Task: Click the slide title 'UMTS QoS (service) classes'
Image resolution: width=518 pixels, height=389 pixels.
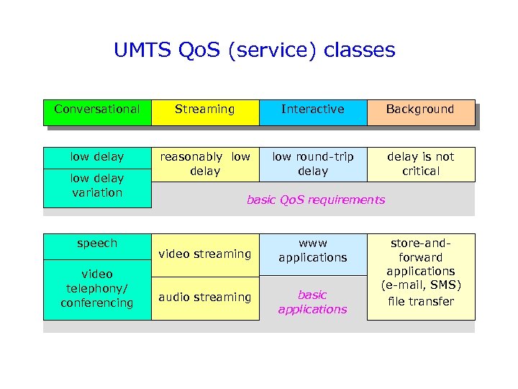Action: point(255,50)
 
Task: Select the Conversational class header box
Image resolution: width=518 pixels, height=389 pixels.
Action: point(97,110)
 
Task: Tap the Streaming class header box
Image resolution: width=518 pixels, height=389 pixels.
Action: point(205,110)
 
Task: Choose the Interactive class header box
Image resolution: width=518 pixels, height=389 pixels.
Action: point(313,110)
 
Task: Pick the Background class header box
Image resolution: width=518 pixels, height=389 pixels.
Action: point(421,110)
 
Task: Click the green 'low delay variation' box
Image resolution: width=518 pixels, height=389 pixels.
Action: point(97,186)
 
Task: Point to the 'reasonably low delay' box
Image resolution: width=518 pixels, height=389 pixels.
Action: point(205,164)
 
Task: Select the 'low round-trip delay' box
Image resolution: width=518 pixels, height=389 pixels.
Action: point(313,164)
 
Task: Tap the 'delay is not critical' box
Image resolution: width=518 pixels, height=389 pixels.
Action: point(421,164)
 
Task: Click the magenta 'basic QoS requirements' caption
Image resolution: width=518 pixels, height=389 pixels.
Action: point(316,200)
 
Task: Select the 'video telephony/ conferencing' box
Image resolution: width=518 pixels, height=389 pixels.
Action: point(97,289)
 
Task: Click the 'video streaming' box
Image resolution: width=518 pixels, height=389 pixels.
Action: point(205,254)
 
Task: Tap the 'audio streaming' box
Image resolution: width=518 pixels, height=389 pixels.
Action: point(205,298)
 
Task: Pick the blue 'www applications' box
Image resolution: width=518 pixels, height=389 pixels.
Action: point(313,251)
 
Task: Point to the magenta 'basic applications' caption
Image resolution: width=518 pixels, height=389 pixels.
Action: point(313,302)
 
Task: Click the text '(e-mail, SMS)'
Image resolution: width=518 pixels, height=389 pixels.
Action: point(421,286)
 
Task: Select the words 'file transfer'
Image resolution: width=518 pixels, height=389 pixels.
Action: point(421,302)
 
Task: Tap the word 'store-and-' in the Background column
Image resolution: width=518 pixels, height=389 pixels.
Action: point(421,243)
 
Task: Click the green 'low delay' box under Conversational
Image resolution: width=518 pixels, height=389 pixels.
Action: point(97,157)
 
